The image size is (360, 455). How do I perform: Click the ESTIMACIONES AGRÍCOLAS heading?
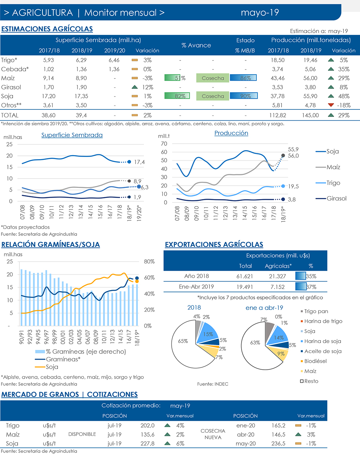pyautogui.click(x=47, y=29)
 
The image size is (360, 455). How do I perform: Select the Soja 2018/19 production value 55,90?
pyautogui.click(x=310, y=96)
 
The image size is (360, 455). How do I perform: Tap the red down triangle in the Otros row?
pyautogui.click(x=331, y=105)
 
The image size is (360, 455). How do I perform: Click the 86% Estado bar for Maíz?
pyautogui.click(x=243, y=78)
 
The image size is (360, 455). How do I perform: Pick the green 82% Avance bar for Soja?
pyautogui.click(x=177, y=96)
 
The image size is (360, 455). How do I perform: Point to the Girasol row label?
pyautogui.click(x=11, y=87)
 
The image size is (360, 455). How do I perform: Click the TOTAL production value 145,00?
pyautogui.click(x=310, y=115)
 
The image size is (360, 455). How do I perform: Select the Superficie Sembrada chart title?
pyautogui.click(x=72, y=135)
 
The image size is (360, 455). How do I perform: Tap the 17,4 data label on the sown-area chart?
pyautogui.click(x=139, y=162)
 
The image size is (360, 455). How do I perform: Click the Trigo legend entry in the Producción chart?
pyautogui.click(x=333, y=183)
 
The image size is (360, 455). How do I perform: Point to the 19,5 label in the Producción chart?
pyautogui.click(x=293, y=186)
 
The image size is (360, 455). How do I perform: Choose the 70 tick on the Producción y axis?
pyautogui.click(x=164, y=144)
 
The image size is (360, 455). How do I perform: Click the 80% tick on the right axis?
pyautogui.click(x=149, y=262)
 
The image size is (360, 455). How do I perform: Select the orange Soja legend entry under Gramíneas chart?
pyautogui.click(x=52, y=367)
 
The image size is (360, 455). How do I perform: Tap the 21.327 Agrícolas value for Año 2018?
pyautogui.click(x=278, y=276)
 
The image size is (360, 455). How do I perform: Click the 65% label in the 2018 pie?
pyautogui.click(x=183, y=341)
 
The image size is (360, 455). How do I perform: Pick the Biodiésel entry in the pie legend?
pyautogui.click(x=315, y=361)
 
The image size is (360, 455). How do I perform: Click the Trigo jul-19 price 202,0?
pyautogui.click(x=147, y=425)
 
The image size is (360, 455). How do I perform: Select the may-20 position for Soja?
pyautogui.click(x=246, y=443)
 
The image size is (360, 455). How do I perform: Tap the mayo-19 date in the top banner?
pyautogui.click(x=260, y=13)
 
